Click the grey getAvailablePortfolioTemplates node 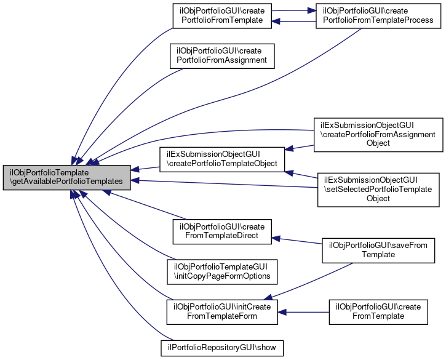pos(66,177)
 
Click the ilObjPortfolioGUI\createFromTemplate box pos(378,311)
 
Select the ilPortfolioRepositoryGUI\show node pos(221,348)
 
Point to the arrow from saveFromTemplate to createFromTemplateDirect pos(298,240)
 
